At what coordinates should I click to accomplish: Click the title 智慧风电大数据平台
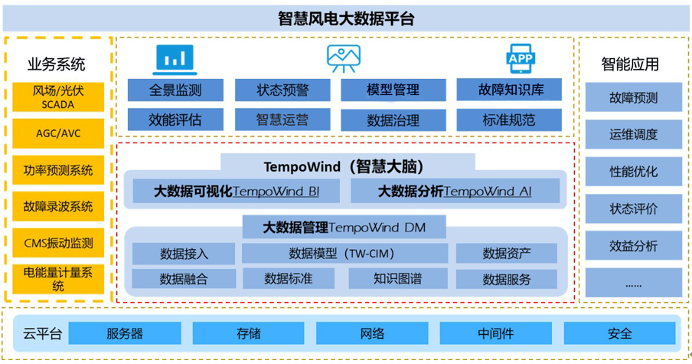[346, 18]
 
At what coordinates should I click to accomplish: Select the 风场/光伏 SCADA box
[58, 97]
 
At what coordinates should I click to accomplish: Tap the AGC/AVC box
[58, 133]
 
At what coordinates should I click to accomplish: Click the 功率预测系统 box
[58, 170]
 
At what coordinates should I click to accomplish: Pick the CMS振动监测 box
[58, 243]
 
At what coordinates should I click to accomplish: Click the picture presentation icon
[344, 58]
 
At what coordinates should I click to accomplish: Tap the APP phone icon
[521, 58]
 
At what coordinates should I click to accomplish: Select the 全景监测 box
[175, 90]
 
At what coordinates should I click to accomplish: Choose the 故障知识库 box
[510, 90]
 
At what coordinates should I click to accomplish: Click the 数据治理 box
[393, 120]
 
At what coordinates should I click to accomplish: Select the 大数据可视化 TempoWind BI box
[237, 191]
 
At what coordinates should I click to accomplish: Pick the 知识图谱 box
[397, 279]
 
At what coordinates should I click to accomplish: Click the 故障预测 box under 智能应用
[633, 98]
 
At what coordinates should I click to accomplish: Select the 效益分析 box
[633, 246]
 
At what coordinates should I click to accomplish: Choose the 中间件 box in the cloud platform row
[495, 333]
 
